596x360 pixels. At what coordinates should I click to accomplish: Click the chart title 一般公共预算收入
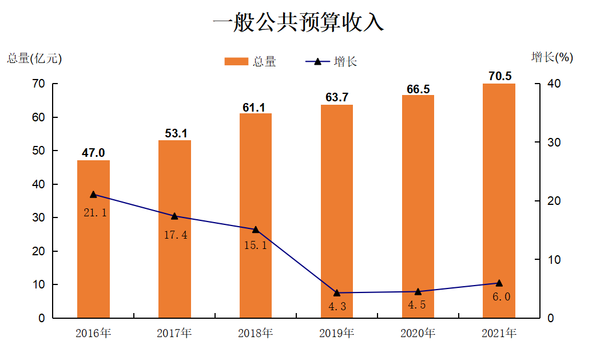pyautogui.click(x=297, y=23)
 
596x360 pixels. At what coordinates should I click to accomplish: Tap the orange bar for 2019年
pyautogui.click(x=337, y=211)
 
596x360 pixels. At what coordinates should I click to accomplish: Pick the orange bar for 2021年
pyautogui.click(x=499, y=200)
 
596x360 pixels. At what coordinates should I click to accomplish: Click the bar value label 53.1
pyautogui.click(x=175, y=133)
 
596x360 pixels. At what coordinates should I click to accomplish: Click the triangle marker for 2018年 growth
pyautogui.click(x=256, y=230)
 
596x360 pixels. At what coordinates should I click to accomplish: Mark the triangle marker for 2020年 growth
pyautogui.click(x=418, y=292)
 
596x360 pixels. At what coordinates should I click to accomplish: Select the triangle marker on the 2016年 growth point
pyautogui.click(x=93, y=195)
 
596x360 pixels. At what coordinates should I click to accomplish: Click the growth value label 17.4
pyautogui.click(x=175, y=235)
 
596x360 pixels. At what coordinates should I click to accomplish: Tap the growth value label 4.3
pyautogui.click(x=337, y=306)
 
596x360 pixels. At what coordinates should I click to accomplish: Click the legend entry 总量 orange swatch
pyautogui.click(x=236, y=61)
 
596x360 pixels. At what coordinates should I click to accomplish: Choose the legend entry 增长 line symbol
pyautogui.click(x=318, y=61)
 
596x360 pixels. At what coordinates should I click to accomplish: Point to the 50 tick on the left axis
pyautogui.click(x=38, y=151)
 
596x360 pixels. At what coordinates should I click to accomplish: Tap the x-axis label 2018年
pyautogui.click(x=256, y=333)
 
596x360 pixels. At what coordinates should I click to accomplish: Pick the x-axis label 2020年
pyautogui.click(x=418, y=333)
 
